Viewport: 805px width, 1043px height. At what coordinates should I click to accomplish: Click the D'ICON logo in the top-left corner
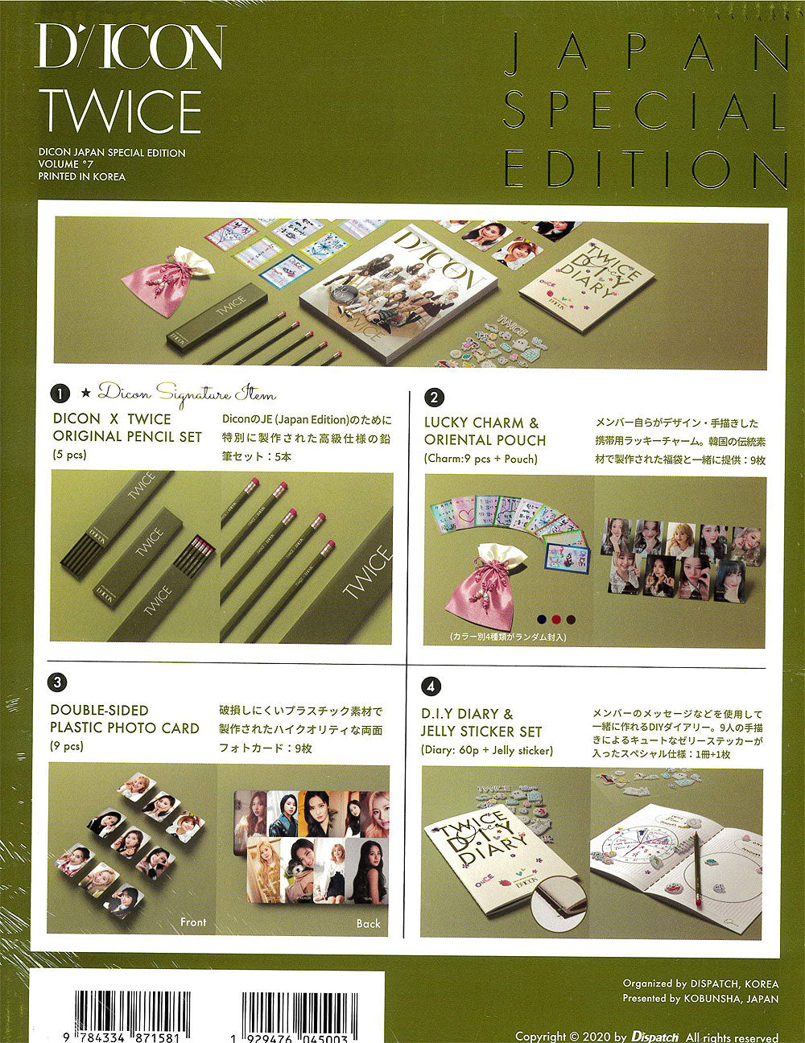click(130, 47)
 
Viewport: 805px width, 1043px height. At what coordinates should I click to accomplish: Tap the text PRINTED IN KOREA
click(81, 176)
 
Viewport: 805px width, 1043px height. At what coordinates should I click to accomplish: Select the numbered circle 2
click(433, 397)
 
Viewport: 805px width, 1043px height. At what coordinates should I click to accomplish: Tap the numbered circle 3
click(56, 682)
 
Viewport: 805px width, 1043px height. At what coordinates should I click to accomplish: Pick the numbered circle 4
click(431, 686)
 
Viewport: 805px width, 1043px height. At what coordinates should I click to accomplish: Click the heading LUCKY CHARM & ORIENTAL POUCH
click(485, 431)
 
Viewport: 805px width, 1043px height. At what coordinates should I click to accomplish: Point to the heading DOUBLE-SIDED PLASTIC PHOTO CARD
click(125, 719)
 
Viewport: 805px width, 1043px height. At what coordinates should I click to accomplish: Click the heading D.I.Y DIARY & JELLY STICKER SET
click(481, 723)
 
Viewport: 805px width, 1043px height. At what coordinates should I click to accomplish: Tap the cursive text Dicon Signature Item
click(187, 394)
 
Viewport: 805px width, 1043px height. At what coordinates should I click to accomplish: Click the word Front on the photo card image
click(193, 921)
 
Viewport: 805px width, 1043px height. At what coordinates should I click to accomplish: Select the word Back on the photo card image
click(368, 923)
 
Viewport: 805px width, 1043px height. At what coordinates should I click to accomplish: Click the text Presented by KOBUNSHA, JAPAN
click(700, 999)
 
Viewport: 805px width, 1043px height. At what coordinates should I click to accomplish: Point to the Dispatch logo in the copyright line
click(655, 1037)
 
